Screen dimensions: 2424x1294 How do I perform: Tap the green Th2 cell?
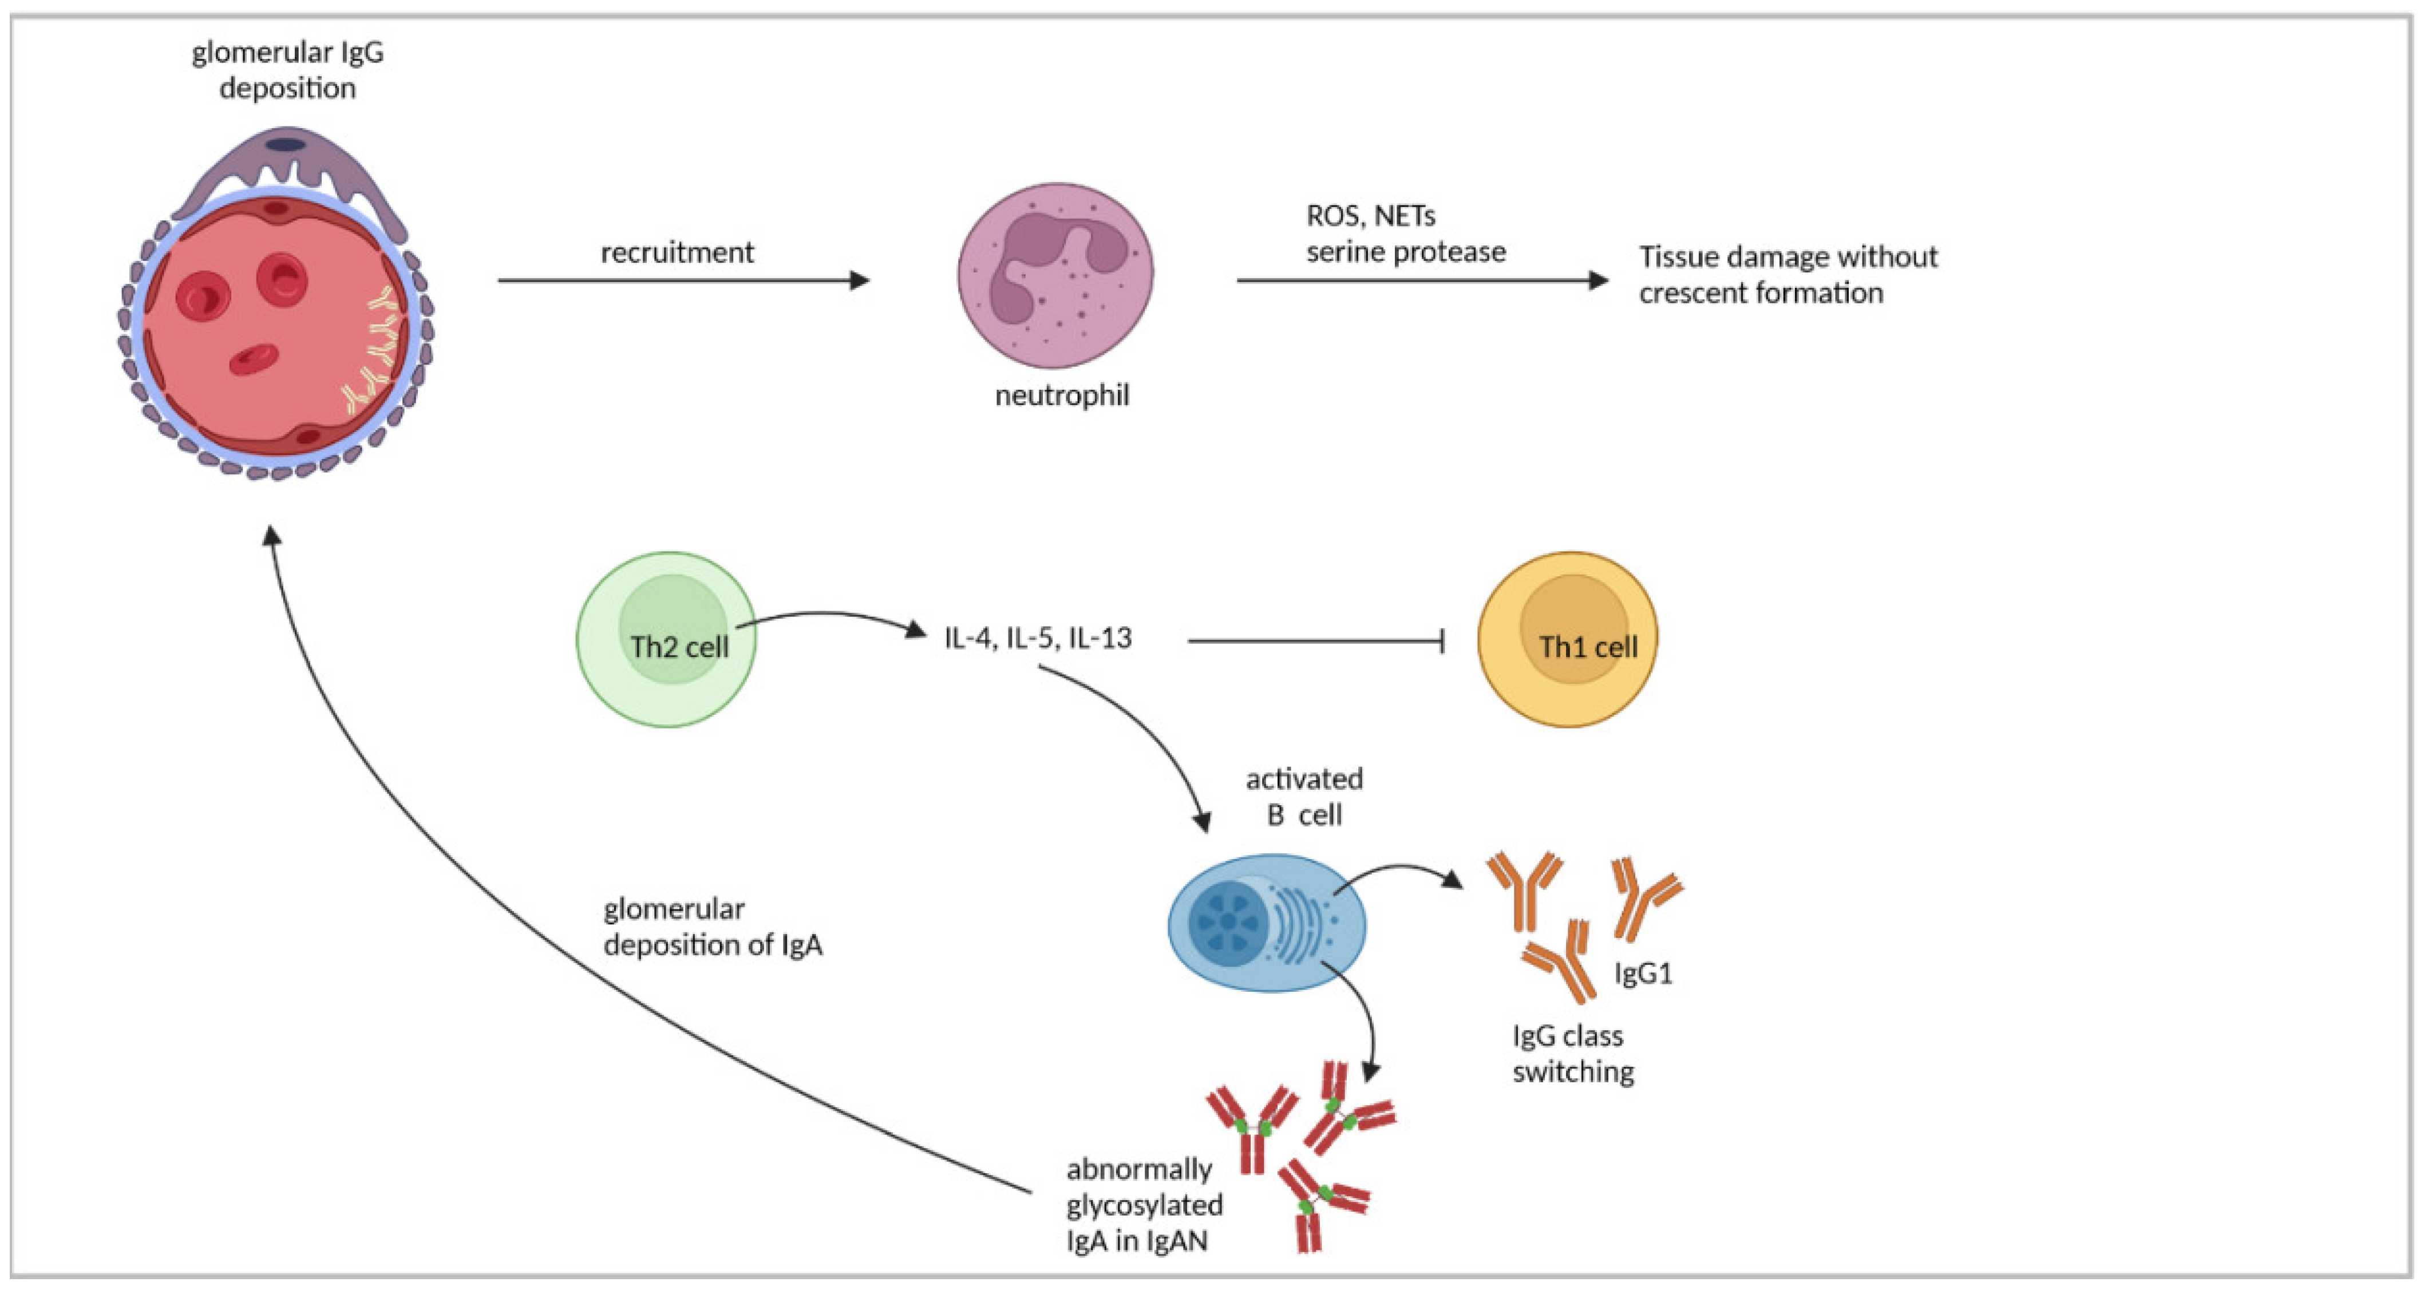pyautogui.click(x=666, y=639)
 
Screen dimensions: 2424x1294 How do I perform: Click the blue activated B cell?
pyautogui.click(x=1267, y=922)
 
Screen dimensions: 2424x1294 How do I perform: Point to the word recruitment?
pyautogui.click(x=678, y=252)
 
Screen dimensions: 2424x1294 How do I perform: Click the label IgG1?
pyautogui.click(x=1643, y=973)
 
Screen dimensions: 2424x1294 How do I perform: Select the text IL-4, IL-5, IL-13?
pyautogui.click(x=1038, y=638)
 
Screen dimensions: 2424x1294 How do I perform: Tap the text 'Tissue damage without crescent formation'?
pyautogui.click(x=1788, y=274)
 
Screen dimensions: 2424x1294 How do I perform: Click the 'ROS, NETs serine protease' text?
pyautogui.click(x=1406, y=234)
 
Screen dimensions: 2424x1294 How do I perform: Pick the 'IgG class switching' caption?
pyautogui.click(x=1572, y=1053)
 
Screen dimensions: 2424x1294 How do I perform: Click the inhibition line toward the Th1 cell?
pyautogui.click(x=1315, y=641)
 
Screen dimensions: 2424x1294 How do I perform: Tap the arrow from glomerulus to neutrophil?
pyautogui.click(x=683, y=279)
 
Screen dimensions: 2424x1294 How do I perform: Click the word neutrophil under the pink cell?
pyautogui.click(x=1061, y=395)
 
